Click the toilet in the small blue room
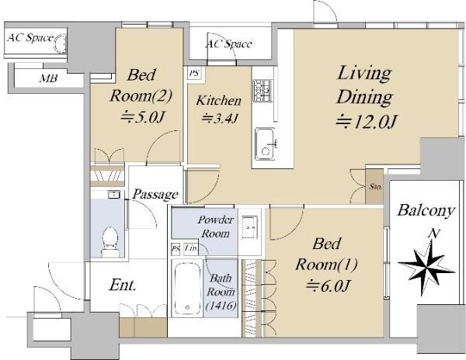[110, 242]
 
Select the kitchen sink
[266, 144]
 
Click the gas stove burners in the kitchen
[263, 91]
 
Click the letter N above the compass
[434, 234]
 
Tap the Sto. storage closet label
[376, 187]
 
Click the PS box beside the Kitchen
[194, 73]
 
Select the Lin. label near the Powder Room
[191, 247]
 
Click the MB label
[48, 78]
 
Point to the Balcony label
[426, 210]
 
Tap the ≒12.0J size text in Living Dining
[367, 121]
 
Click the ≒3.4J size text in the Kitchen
[220, 119]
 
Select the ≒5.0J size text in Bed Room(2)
[142, 117]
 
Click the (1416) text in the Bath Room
[221, 305]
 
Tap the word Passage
[155, 195]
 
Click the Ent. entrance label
[123, 285]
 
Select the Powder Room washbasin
[249, 227]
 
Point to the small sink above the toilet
[114, 195]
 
